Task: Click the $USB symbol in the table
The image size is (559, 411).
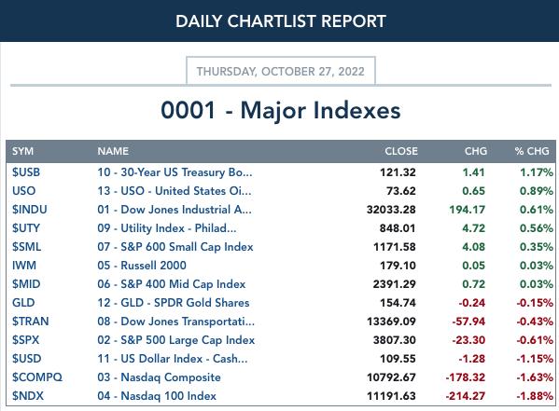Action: tap(26, 172)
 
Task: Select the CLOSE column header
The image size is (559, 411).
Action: tap(401, 151)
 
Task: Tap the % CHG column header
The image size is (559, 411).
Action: tap(532, 151)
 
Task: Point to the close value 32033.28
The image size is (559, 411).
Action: tap(391, 210)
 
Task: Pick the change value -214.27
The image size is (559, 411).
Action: tap(466, 396)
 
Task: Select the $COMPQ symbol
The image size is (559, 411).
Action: tap(37, 377)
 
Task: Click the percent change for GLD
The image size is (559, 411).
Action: tap(535, 303)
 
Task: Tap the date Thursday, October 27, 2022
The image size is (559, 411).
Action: tap(281, 71)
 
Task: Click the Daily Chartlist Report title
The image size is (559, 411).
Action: tap(281, 21)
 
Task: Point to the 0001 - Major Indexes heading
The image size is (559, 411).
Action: tap(281, 110)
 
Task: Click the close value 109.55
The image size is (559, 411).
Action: tap(398, 359)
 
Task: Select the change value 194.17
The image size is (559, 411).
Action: tap(467, 210)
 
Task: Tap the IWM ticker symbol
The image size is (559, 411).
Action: tap(24, 266)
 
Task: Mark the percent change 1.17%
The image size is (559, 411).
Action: tap(537, 172)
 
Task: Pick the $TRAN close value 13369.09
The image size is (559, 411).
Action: tap(391, 322)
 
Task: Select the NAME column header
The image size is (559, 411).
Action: tap(113, 151)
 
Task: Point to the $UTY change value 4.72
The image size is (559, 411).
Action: tap(473, 228)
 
